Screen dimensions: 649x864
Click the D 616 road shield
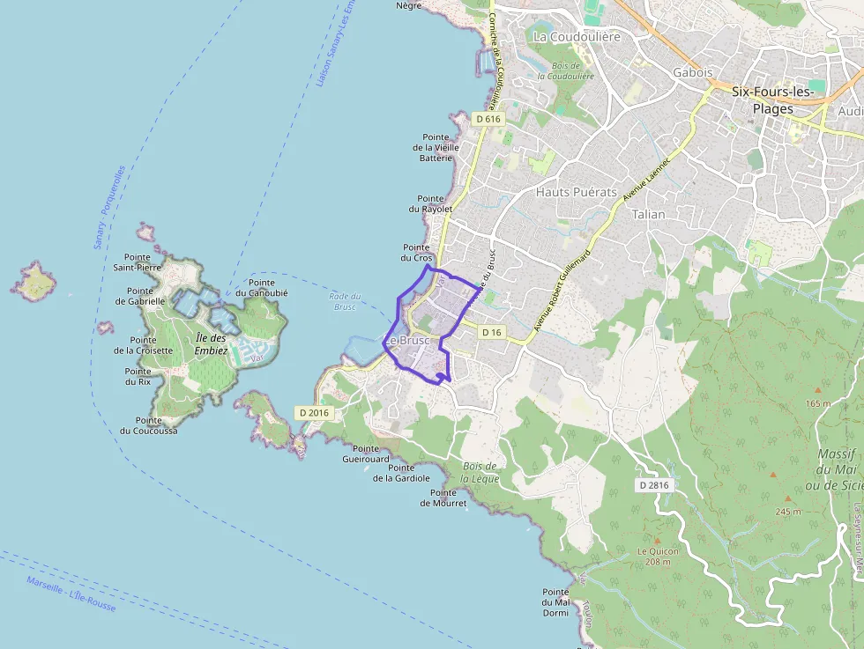(x=488, y=119)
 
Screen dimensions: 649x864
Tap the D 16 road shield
(x=492, y=332)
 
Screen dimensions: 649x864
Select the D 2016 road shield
(x=313, y=412)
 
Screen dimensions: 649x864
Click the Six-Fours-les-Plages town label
(x=772, y=100)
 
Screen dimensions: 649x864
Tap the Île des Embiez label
(x=212, y=343)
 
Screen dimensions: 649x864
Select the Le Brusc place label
(x=406, y=340)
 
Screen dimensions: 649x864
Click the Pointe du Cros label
(x=417, y=253)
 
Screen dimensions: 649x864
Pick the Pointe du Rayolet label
(x=430, y=203)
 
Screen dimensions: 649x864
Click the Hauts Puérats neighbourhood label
(x=577, y=191)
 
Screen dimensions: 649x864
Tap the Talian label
(x=649, y=214)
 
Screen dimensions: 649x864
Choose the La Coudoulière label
(x=577, y=37)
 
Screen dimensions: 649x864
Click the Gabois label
(x=692, y=72)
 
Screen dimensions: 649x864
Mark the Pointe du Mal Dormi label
(x=555, y=602)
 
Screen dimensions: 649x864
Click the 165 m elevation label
(x=818, y=403)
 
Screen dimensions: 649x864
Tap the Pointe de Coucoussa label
(x=148, y=425)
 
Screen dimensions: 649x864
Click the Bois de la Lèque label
(x=480, y=472)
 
